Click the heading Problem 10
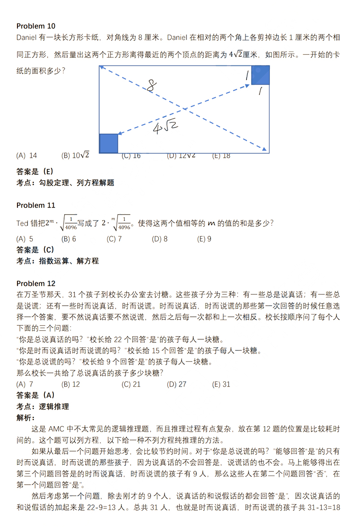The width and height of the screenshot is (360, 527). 36,26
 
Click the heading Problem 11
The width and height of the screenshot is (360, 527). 36,205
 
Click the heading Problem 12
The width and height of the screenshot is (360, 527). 36,284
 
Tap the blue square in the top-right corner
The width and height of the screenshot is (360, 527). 260,75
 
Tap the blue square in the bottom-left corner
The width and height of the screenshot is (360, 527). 108,143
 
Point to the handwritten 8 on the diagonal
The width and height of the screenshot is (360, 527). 151,86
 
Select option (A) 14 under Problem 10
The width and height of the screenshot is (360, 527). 26,156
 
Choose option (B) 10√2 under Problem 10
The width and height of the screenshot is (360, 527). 75,156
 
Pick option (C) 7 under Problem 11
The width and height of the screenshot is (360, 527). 114,239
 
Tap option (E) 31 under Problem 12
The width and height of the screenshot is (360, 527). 221,384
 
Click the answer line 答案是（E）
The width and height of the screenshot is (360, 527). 35,171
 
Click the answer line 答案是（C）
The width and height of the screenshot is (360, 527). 35,250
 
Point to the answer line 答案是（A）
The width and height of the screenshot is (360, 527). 35,395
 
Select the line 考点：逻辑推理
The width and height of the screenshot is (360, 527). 43,406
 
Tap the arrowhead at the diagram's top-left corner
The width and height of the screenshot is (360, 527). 102,67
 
